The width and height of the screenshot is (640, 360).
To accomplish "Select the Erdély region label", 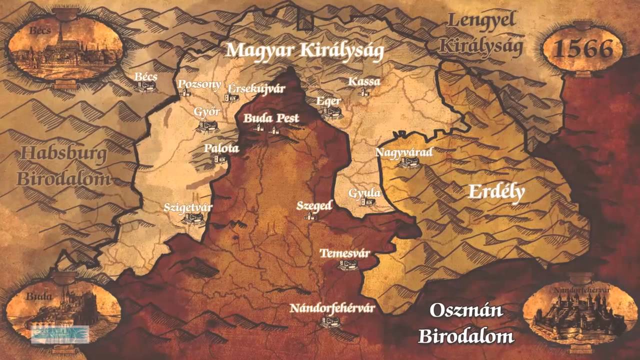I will (496, 192).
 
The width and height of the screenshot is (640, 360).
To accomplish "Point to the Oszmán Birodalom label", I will (466, 323).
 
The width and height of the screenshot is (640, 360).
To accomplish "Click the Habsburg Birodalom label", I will (63, 166).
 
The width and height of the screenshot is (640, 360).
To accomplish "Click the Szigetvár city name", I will (188, 207).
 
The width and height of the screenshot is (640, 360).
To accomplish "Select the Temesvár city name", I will (345, 252).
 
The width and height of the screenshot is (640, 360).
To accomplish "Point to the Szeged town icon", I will (311, 216).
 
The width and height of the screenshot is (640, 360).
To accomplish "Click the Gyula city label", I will (365, 193).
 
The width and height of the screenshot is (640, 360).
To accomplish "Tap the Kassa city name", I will (364, 81).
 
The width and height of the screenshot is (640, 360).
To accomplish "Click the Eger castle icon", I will (331, 113).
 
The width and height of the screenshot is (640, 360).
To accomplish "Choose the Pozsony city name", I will (199, 83).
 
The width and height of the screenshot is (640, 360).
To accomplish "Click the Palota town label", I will (221, 148).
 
